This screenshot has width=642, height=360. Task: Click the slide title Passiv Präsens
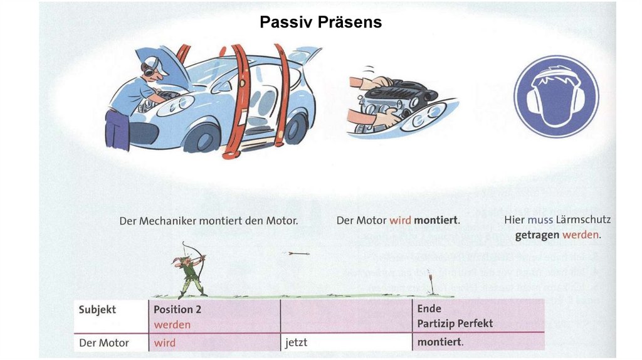(320, 23)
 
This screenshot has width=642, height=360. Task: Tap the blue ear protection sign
(556, 96)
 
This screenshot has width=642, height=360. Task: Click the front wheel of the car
(203, 137)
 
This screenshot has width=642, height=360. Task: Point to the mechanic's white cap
(154, 63)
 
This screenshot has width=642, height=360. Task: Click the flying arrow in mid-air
(298, 253)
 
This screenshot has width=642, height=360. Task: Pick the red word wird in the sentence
(400, 221)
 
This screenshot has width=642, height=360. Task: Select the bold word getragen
(537, 236)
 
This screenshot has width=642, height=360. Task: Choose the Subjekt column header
(97, 309)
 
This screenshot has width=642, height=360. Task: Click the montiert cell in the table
(440, 342)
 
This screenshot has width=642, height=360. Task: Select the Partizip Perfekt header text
(455, 324)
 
